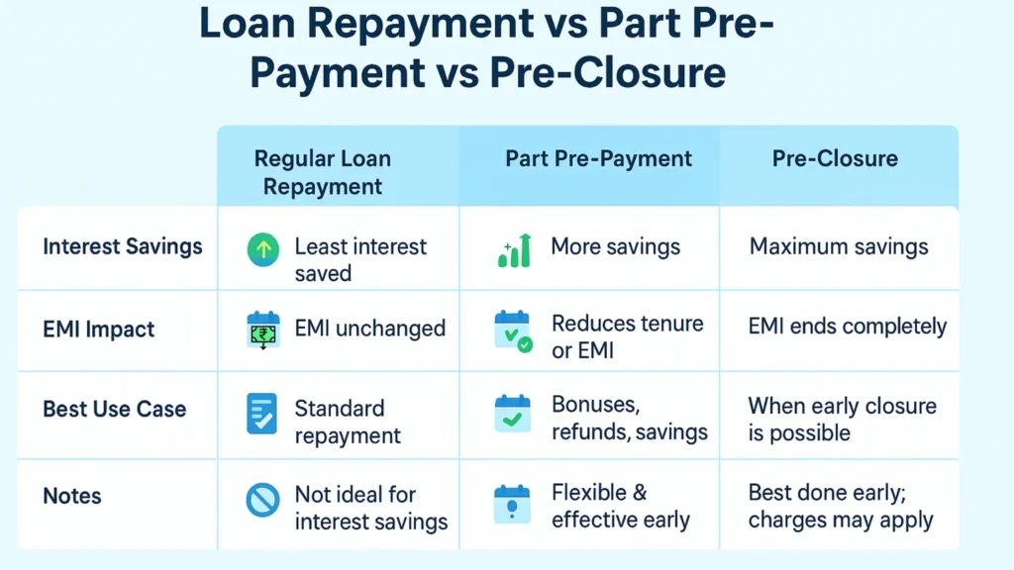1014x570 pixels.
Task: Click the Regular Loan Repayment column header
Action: (323, 172)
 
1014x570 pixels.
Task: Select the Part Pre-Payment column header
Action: (598, 158)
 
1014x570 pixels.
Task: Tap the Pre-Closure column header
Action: (835, 158)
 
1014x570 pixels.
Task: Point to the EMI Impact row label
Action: (99, 330)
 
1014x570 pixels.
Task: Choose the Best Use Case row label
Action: (115, 409)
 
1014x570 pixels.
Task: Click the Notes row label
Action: (72, 495)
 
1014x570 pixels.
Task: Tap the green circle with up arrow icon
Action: (262, 248)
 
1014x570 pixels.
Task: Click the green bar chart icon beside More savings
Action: (514, 250)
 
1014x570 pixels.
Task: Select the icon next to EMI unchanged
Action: (262, 330)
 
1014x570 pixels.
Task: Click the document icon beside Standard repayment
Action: (261, 414)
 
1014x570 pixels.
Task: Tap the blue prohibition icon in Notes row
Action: (262, 501)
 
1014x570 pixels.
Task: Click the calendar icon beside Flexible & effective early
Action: (512, 504)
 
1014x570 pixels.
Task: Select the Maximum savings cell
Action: (839, 246)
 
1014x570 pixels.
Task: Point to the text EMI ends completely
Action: (847, 327)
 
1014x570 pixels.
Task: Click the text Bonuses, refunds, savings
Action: (629, 419)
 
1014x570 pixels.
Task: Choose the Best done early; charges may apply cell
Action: (841, 506)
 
